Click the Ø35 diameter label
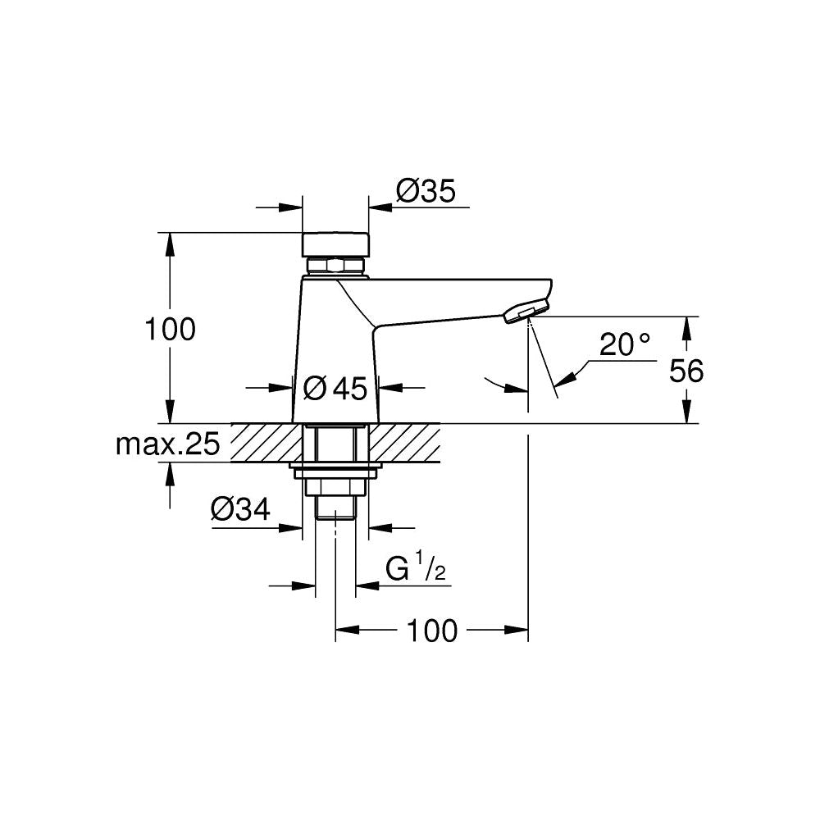pos(426,191)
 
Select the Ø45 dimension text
pos(335,389)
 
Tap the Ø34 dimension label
pos(240,509)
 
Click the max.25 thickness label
pos(168,445)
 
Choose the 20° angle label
pos(625,344)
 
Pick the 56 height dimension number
pos(686,371)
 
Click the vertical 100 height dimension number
pos(171,330)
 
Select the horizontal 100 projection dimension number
pos(432,631)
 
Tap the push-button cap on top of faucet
pos(335,244)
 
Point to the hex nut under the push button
pos(335,266)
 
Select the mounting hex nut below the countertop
pos(335,487)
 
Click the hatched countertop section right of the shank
pos(404,443)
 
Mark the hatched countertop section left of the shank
pos(266,443)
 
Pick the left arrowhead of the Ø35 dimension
pos(291,207)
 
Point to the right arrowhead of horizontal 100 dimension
pos(517,630)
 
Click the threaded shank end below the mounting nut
pos(335,508)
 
